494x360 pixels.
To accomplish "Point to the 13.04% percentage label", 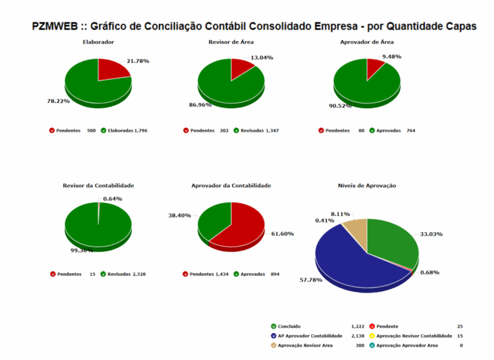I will [262, 57].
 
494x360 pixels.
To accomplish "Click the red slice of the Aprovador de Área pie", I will [374, 67].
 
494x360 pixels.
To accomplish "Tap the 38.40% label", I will [179, 215].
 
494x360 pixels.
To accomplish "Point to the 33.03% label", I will [431, 234].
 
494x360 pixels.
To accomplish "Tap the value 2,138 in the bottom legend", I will [357, 336].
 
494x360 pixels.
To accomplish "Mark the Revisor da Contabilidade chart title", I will [98, 185].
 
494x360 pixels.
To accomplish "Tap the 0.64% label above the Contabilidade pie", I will [113, 199].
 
